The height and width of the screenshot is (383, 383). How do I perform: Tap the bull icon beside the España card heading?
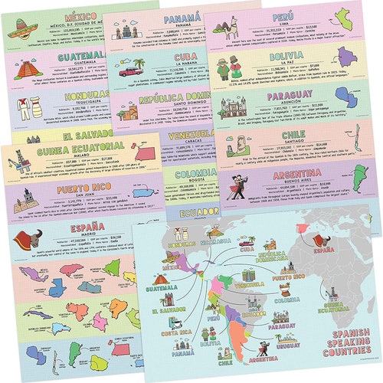coord(27,240)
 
